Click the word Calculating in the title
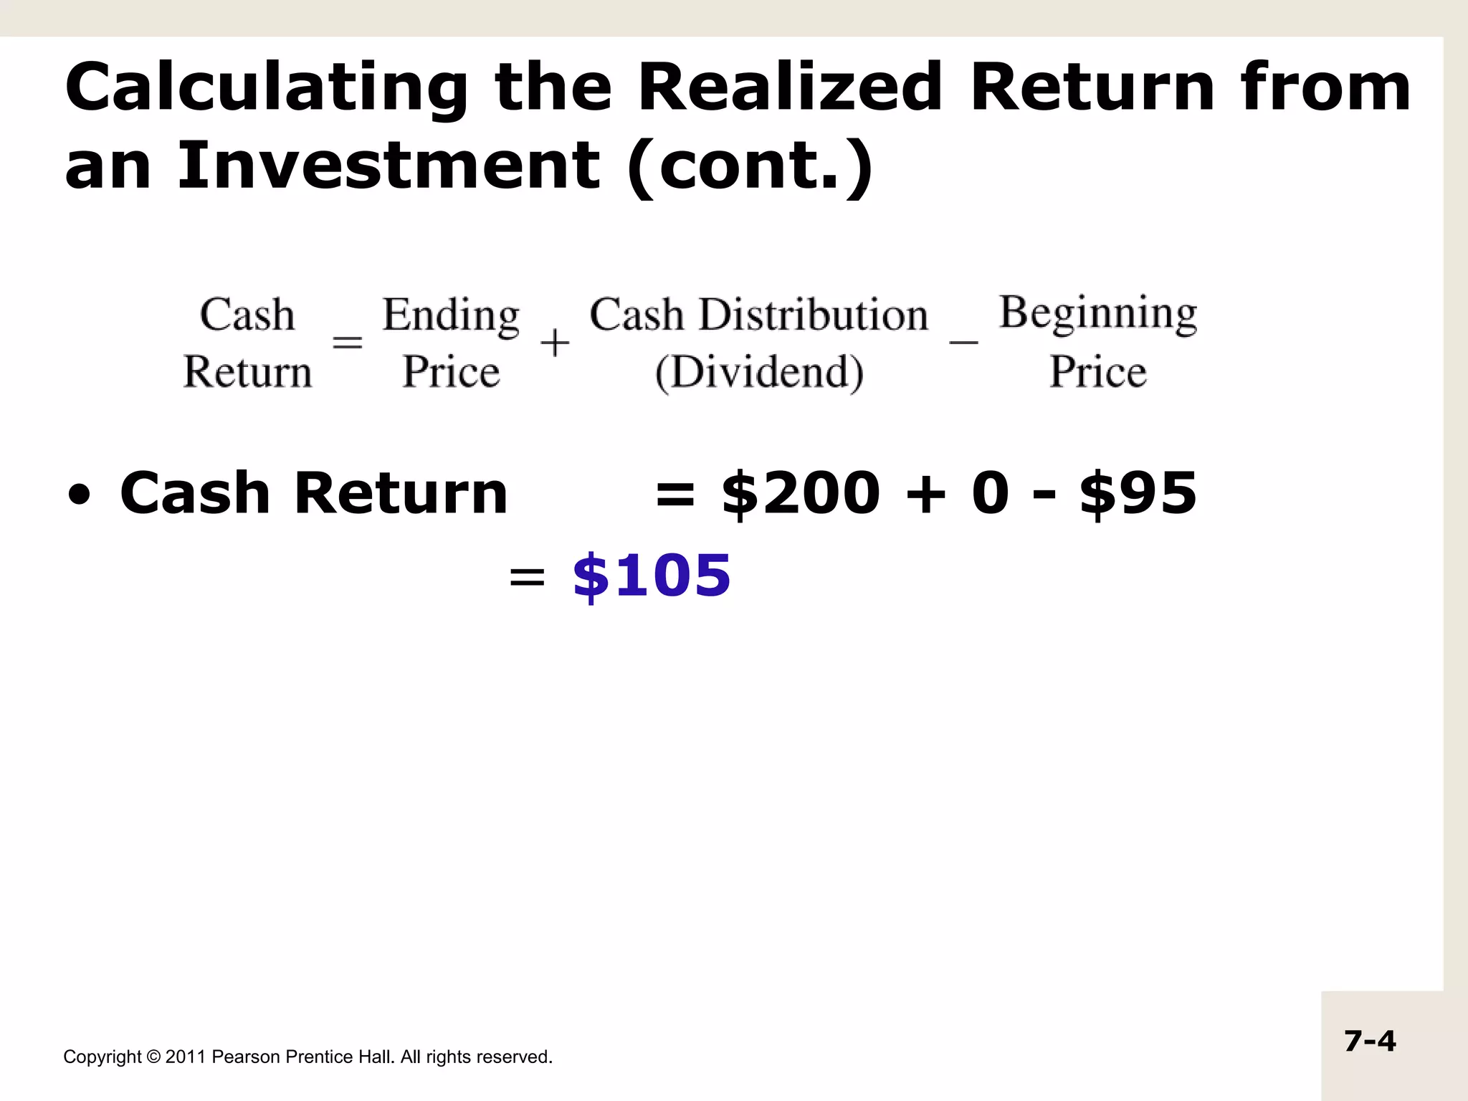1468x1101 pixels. [x=266, y=88]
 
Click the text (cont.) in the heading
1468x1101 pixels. [x=750, y=166]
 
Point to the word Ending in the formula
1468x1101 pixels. [x=451, y=315]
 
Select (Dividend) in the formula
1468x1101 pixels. [x=759, y=372]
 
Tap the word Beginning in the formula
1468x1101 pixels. [x=1098, y=313]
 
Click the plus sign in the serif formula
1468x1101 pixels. [x=555, y=343]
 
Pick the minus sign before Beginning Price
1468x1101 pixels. [x=963, y=343]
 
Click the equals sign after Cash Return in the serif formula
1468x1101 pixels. [x=348, y=343]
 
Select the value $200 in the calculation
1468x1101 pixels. [x=801, y=493]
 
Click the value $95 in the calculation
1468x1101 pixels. [x=1138, y=493]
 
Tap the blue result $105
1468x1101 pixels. [x=652, y=576]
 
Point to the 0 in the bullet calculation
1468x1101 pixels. [x=991, y=493]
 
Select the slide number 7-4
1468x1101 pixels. [x=1370, y=1041]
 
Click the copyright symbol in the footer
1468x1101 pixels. [x=153, y=1057]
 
